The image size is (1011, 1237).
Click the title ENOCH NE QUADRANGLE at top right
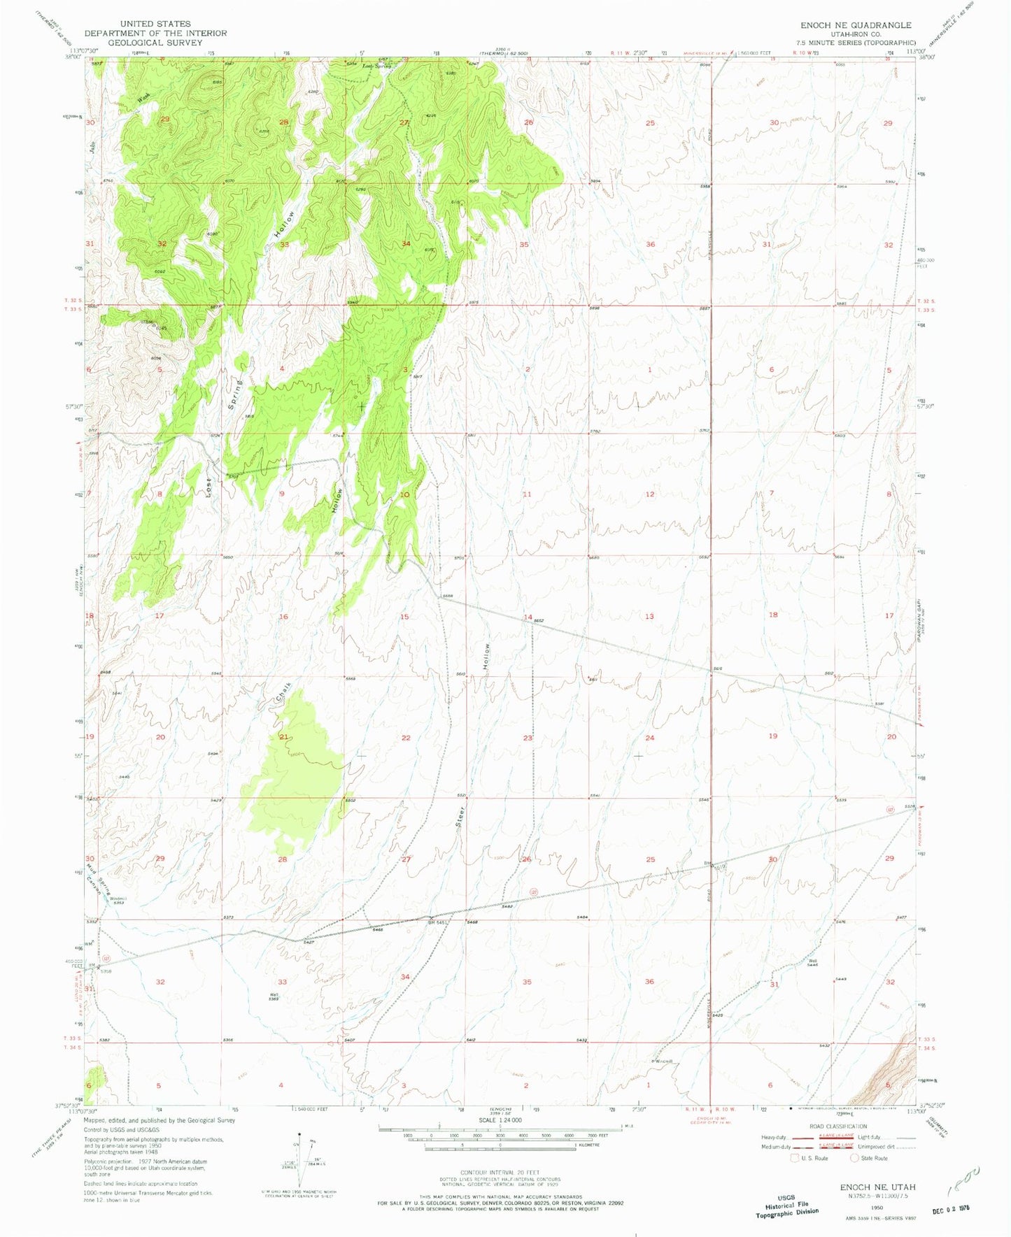pos(855,25)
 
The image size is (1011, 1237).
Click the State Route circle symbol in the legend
pos(854,1158)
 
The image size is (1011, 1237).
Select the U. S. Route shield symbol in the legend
pos(794,1158)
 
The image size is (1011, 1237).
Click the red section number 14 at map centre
pos(528,617)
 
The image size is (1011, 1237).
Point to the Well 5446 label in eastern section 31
pos(812,963)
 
